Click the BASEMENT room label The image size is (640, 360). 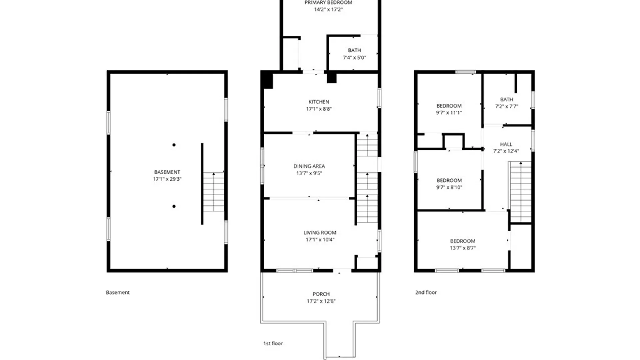coord(167,172)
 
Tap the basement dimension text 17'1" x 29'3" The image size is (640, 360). coord(167,179)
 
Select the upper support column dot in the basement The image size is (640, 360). coord(174,145)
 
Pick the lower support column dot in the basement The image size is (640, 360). coord(174,206)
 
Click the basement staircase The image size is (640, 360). coord(214,192)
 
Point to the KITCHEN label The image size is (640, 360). coord(319,102)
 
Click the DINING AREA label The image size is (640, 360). coord(309,166)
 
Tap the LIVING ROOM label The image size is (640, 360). coord(320,233)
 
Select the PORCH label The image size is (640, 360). coord(321,294)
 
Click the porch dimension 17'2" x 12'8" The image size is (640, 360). coord(321,301)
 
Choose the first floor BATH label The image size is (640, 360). coord(354,50)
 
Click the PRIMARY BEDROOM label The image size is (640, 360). coord(328,3)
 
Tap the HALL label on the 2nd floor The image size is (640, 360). coord(506,144)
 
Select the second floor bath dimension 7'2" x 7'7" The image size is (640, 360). coord(506,107)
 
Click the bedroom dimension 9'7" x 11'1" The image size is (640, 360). coord(449,113)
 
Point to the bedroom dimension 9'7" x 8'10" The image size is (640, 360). coord(449,187)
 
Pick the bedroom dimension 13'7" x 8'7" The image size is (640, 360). coord(463,248)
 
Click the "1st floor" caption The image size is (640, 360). coord(273,343)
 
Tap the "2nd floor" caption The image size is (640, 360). coord(426,292)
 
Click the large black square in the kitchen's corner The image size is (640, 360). coord(267,80)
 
